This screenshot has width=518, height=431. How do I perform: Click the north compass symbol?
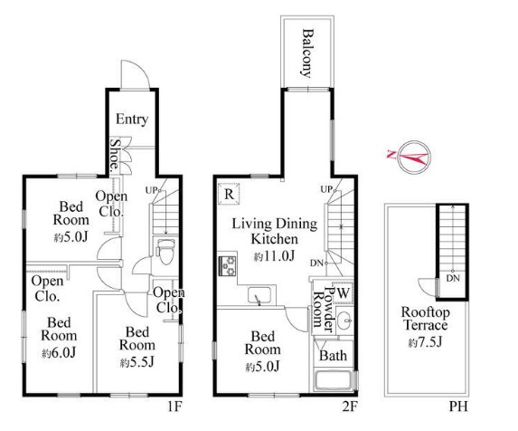[x=413, y=158]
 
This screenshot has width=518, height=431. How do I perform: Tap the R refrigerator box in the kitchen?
[x=229, y=194]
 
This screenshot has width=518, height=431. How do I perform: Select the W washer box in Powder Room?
[x=343, y=292]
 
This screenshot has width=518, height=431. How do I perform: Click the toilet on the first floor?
[x=165, y=252]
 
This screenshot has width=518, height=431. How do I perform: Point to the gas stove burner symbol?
[x=227, y=265]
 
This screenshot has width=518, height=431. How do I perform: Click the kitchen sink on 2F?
[x=259, y=295]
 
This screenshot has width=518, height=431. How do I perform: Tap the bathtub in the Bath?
[x=334, y=380]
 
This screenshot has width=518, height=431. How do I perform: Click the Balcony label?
[x=307, y=53]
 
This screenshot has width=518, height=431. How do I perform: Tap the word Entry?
[x=132, y=120]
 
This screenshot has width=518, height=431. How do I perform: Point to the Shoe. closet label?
[x=115, y=154]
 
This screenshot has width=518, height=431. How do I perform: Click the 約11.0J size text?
[x=274, y=255]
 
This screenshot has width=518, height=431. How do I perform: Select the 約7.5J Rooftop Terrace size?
[x=425, y=342]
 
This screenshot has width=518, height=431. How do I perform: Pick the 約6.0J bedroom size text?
[x=59, y=353]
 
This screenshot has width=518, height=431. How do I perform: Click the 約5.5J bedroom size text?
[x=137, y=362]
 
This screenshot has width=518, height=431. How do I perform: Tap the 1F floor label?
[x=174, y=407]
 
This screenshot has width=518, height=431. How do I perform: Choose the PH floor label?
[x=458, y=407]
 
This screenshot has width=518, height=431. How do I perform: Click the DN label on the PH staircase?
[x=453, y=278]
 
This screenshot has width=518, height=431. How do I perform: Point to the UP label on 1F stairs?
[x=151, y=190]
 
